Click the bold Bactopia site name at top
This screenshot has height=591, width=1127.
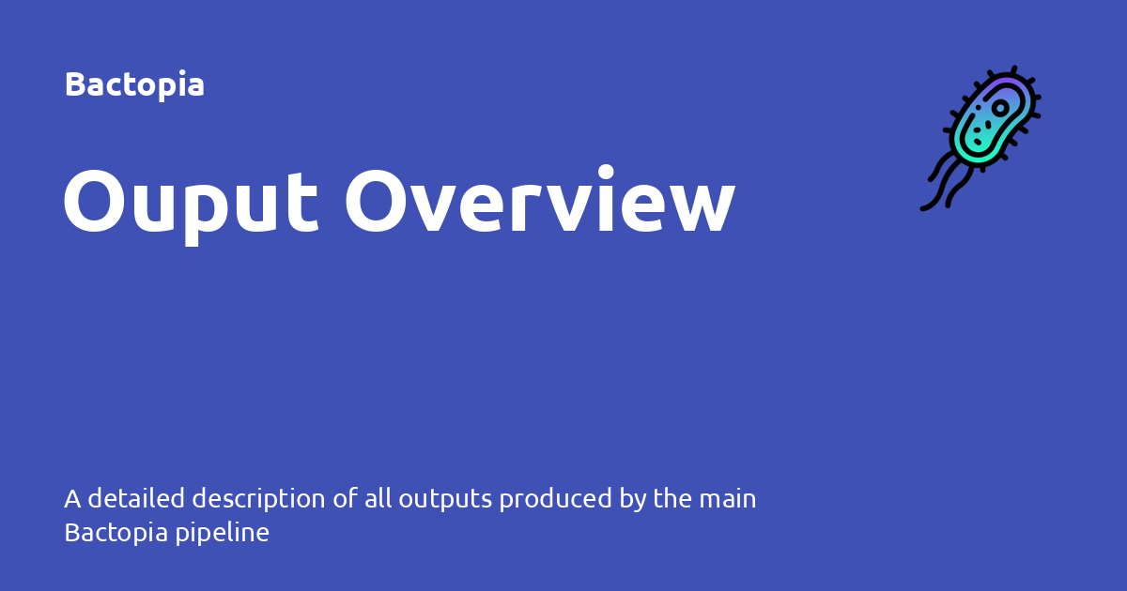134,84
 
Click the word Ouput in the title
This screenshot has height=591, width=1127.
191,205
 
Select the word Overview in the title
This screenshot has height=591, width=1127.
540,200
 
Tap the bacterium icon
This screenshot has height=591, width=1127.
980,138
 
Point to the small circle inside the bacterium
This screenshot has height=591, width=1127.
1000,107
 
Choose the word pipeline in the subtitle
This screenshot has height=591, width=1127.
222,534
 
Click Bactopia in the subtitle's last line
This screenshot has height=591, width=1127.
116,534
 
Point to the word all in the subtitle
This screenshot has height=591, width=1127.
378,498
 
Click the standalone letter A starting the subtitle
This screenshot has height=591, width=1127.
72,499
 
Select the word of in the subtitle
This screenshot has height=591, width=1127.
346,498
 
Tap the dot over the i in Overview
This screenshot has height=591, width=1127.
606,172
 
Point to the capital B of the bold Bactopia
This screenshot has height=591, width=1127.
74,84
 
